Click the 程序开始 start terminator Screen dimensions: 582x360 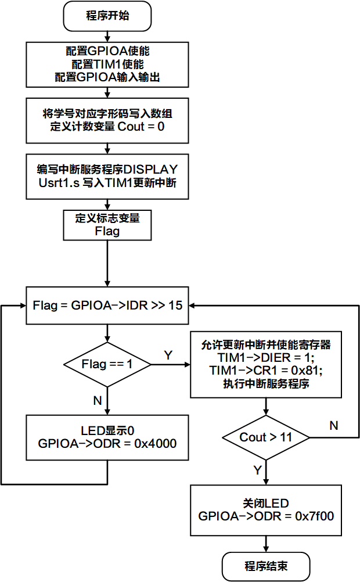point(107,16)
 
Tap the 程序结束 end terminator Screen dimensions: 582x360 point(266,566)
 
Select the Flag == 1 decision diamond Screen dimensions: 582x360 point(107,364)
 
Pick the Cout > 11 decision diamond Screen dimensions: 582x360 point(266,437)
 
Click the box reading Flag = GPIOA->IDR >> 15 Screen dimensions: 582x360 point(107,305)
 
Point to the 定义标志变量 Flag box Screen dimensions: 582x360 point(107,225)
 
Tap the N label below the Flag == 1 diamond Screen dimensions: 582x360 point(97,400)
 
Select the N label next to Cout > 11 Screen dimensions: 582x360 point(334,426)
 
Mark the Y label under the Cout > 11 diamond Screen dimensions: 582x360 point(257,469)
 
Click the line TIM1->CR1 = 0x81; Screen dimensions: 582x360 point(266,370)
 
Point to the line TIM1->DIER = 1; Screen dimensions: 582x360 point(266,357)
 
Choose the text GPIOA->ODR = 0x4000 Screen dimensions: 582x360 point(107,443)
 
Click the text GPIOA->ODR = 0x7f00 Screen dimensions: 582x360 point(266,516)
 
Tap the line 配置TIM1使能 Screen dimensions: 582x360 point(107,64)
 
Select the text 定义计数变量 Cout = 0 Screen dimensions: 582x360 point(107,126)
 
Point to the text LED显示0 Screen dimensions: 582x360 point(107,430)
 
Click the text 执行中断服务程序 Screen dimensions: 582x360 point(266,383)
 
